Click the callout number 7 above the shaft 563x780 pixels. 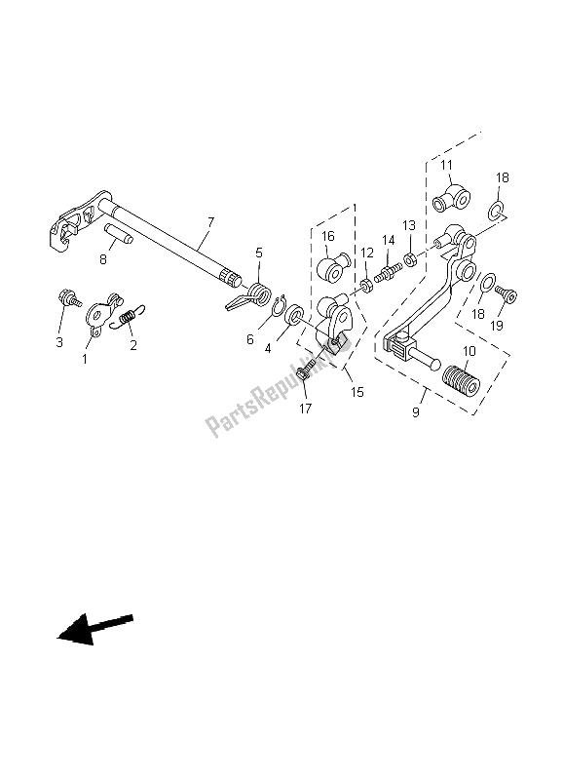click(209, 223)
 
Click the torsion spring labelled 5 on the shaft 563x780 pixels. click(258, 292)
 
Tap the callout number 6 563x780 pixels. click(250, 338)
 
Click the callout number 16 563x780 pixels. click(328, 236)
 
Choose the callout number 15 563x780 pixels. click(357, 392)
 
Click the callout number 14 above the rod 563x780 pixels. click(388, 240)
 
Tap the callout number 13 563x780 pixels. click(408, 226)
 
